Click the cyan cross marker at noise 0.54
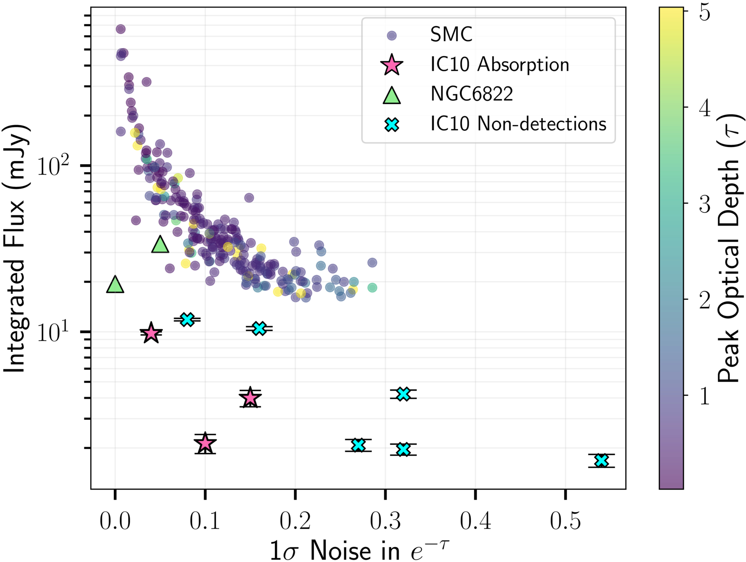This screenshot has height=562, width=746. point(601,461)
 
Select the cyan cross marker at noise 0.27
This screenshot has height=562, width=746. point(358,445)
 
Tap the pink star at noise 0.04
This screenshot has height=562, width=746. point(151,333)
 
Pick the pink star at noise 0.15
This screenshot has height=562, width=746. point(250,398)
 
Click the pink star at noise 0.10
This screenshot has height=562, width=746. point(205,443)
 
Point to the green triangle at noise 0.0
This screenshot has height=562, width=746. point(115,285)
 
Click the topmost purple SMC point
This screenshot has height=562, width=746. point(121,29)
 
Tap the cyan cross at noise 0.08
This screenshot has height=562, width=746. point(187,320)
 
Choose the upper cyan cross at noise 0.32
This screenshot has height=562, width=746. point(403,394)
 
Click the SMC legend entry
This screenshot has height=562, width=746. point(451,35)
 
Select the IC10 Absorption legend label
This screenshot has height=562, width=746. point(499,65)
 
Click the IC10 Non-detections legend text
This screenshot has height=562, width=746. point(518,124)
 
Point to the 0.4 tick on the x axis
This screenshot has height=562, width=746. point(475,521)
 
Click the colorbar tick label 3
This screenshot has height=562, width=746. point(704,203)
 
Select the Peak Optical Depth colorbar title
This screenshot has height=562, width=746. point(729,248)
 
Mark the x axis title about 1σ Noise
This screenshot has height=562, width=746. point(359,549)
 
